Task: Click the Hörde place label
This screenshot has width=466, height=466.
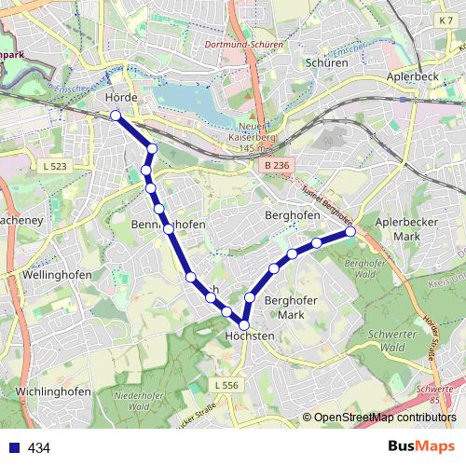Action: point(122,98)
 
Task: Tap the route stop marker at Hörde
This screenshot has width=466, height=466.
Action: point(116,115)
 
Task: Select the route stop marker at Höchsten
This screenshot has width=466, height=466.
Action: point(244,324)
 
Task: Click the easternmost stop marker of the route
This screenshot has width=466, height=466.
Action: point(350,231)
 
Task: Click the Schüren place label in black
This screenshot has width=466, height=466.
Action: point(326,62)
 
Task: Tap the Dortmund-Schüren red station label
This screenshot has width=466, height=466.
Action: point(243,44)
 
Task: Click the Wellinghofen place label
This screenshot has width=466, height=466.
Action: point(45,276)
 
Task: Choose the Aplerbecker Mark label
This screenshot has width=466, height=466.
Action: point(405,229)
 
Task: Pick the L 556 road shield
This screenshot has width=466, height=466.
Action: point(226,384)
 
